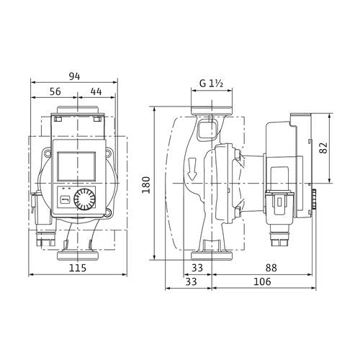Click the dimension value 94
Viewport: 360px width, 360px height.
click(x=74, y=76)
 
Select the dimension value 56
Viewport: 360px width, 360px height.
click(x=55, y=91)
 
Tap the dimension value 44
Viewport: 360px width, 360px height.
click(x=96, y=91)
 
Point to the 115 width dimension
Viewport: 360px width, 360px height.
click(x=78, y=268)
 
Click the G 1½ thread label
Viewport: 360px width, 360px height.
click(x=212, y=84)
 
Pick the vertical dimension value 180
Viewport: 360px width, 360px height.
click(x=146, y=185)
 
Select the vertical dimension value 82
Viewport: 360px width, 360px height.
click(x=323, y=148)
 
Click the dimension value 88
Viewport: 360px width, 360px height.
click(x=271, y=268)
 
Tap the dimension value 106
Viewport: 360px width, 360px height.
click(x=262, y=282)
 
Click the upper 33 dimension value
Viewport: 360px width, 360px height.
click(x=197, y=268)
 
